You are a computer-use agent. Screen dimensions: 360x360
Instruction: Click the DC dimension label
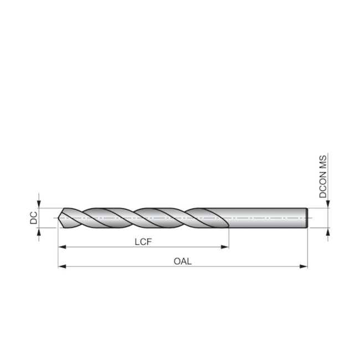click(33, 218)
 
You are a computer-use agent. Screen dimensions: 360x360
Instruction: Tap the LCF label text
click(143, 242)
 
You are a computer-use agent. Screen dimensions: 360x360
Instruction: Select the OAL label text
click(182, 261)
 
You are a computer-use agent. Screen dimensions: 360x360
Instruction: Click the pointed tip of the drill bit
click(60, 218)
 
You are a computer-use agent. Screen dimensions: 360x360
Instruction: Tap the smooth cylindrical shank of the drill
click(266, 218)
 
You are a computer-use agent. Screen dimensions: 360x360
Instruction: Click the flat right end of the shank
click(307, 218)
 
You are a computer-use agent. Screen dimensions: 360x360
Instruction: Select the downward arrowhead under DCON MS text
click(328, 204)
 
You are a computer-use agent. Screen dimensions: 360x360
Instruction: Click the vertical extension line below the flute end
click(229, 238)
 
